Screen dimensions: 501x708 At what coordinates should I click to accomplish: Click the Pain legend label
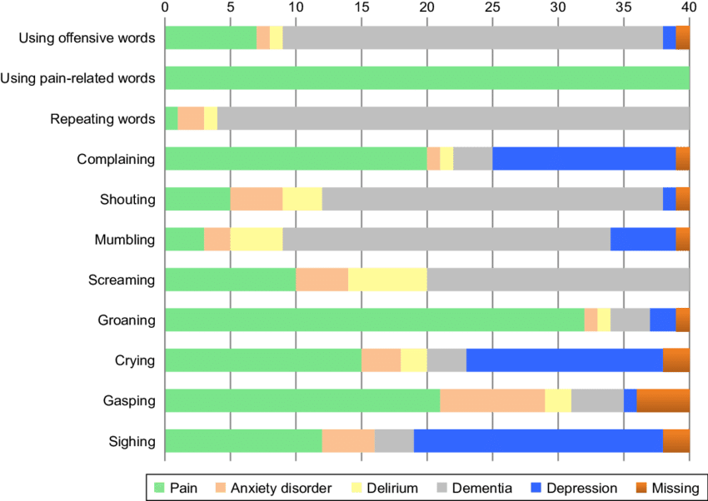[x=183, y=489]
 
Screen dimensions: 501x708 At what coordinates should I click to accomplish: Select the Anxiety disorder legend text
[x=281, y=489]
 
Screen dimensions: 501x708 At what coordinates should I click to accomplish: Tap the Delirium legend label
[x=391, y=489]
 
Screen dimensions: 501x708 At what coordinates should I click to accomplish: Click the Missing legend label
[x=675, y=489]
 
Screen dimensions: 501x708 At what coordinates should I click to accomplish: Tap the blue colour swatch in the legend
[x=537, y=489]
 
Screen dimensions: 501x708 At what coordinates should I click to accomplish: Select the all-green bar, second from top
[x=427, y=78]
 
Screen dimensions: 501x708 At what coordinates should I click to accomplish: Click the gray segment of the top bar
[x=472, y=37]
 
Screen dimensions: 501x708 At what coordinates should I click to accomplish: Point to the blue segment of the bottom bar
[x=537, y=441]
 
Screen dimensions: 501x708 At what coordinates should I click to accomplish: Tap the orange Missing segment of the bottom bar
[x=676, y=441]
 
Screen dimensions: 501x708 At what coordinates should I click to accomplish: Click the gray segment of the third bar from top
[x=452, y=118]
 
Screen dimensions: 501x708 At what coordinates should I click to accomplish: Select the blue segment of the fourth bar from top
[x=583, y=158]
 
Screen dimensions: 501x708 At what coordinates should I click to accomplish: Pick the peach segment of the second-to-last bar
[x=492, y=400]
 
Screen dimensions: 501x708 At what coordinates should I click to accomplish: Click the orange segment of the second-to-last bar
[x=663, y=400]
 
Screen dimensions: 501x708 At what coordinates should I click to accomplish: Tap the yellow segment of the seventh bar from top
[x=387, y=280]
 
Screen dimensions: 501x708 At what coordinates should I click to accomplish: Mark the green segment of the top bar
[x=211, y=37]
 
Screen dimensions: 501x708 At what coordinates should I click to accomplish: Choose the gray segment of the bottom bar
[x=394, y=441]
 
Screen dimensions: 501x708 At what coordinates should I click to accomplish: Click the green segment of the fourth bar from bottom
[x=375, y=320]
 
